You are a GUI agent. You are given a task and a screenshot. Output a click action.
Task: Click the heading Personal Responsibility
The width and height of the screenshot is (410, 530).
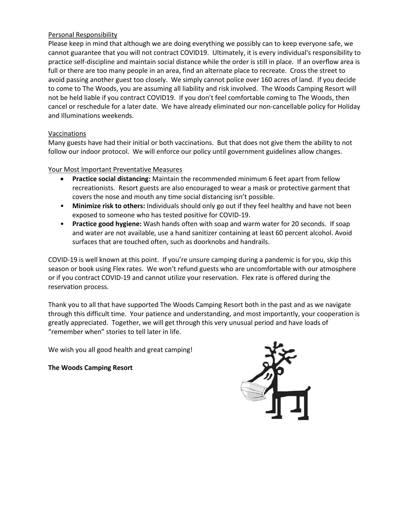[x=83, y=35]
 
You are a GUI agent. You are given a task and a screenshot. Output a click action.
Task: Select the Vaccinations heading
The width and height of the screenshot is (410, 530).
[x=67, y=134]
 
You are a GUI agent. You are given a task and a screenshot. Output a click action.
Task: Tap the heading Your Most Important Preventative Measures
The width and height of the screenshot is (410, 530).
[x=115, y=169]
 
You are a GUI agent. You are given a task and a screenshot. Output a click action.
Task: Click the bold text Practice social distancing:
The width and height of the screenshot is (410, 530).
[x=111, y=179]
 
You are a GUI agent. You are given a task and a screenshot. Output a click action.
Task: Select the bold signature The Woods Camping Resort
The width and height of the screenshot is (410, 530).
[x=90, y=368]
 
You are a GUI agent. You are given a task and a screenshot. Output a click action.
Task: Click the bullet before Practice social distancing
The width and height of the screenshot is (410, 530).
[x=63, y=179]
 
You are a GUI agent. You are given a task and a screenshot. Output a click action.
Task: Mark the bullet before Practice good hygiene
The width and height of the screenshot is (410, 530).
[x=63, y=224]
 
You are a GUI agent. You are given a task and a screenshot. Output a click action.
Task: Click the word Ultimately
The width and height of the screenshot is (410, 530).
[x=227, y=53]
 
